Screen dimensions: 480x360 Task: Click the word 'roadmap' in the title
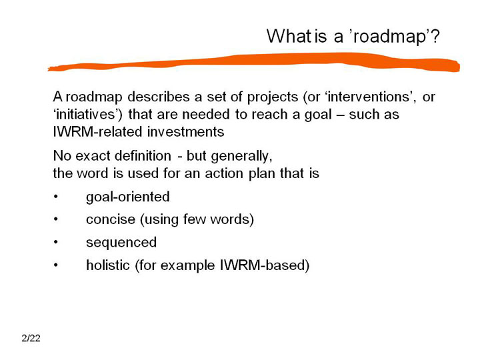point(390,37)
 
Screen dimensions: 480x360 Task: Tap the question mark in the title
point(435,36)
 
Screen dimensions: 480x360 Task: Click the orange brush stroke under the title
point(254,62)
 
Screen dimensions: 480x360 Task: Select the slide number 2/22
point(31,338)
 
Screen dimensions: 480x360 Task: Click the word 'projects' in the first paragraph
point(273,97)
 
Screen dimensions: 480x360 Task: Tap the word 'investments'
point(186,132)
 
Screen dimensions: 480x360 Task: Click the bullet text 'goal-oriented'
point(127,197)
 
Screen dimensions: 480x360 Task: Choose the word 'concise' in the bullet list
point(111,219)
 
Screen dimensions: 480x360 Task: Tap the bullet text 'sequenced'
point(121,243)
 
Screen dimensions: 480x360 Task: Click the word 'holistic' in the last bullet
point(108,265)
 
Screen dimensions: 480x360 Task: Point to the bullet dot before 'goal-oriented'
point(55,197)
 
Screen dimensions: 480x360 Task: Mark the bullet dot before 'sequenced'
point(55,243)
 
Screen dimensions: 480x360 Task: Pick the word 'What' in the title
point(289,36)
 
